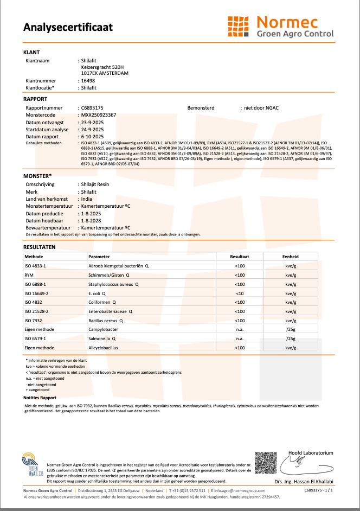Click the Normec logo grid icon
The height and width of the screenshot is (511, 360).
(x=239, y=27)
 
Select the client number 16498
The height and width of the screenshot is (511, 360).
(x=88, y=80)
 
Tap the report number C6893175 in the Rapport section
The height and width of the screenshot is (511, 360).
(x=92, y=108)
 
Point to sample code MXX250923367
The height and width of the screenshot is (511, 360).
(x=98, y=116)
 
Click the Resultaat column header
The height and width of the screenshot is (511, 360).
(x=239, y=257)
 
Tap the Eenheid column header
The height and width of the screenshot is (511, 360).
(x=290, y=257)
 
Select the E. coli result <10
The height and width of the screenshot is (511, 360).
(x=239, y=293)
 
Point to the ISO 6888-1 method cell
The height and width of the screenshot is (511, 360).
(x=36, y=284)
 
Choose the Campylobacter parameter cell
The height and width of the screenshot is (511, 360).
(x=104, y=329)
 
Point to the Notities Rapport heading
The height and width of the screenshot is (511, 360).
(x=40, y=398)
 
